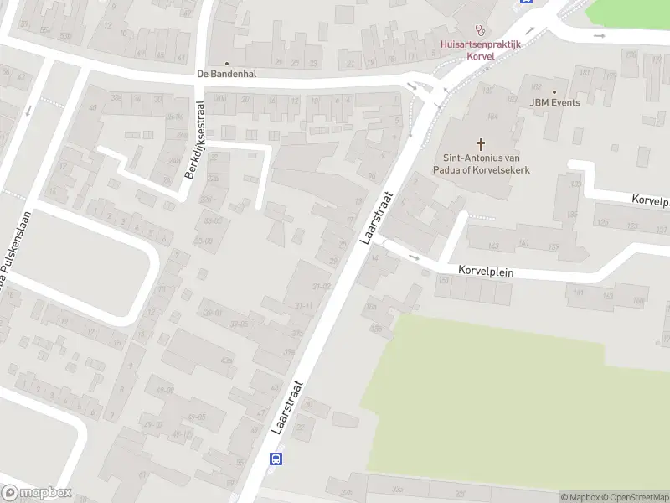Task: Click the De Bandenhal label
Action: pos(226,74)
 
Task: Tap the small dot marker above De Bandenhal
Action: pos(226,63)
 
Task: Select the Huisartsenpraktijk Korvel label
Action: pos(481,49)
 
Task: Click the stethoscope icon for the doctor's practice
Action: pos(480,28)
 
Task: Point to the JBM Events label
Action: pos(554,102)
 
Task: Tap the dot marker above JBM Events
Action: pos(554,91)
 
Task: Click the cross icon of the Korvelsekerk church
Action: pos(481,143)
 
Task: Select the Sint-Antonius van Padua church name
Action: pos(486,163)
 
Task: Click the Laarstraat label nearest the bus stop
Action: pos(286,407)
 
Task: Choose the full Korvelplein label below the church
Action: pos(486,272)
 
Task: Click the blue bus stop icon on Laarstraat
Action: pos(276,459)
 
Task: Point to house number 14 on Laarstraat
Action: pos(374,258)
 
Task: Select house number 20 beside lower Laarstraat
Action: pos(308,405)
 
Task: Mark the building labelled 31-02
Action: pos(322,287)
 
